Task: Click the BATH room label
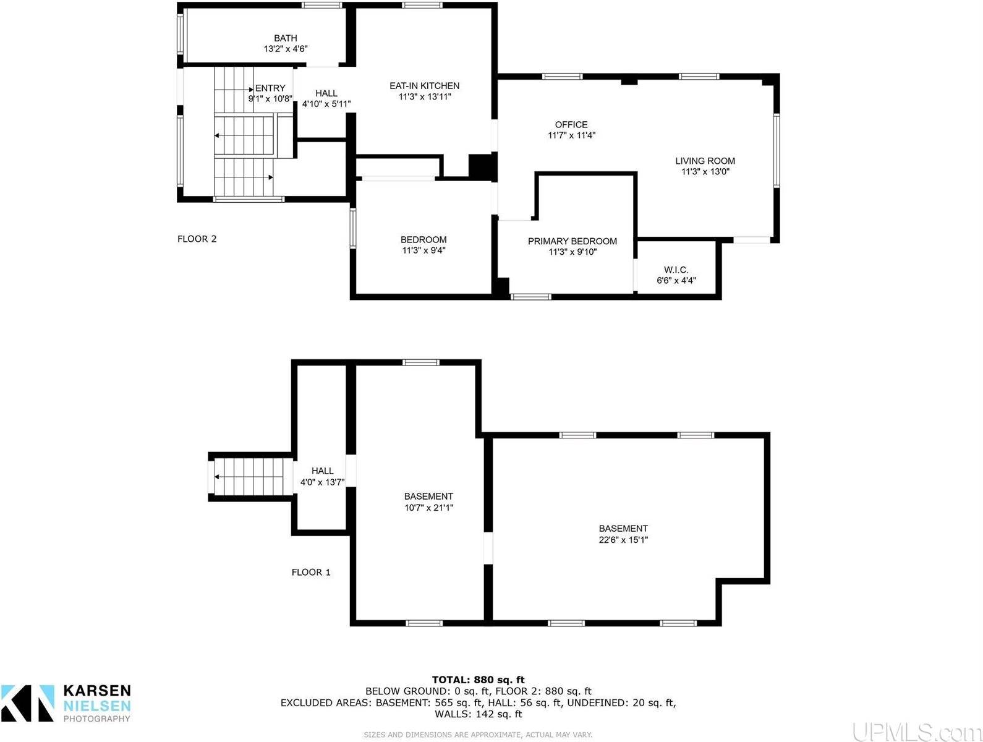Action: (x=286, y=38)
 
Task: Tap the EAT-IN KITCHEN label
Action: (x=424, y=86)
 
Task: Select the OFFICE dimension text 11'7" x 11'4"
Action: (x=571, y=135)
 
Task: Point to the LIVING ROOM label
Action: (x=705, y=161)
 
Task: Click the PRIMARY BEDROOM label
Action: (x=572, y=241)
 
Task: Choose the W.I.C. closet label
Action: (x=676, y=270)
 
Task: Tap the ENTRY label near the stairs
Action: (x=271, y=88)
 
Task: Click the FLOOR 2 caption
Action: (x=197, y=239)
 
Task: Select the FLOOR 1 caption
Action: (x=311, y=573)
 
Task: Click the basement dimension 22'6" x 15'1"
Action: (x=623, y=540)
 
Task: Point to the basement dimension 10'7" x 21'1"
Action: (x=428, y=508)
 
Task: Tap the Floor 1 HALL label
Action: (x=322, y=471)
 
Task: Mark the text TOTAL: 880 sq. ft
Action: (x=478, y=680)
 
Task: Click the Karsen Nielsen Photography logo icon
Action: (x=27, y=702)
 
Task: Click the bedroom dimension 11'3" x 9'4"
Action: (x=423, y=250)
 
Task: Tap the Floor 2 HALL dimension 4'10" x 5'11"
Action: (x=326, y=104)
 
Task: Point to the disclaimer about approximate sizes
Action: (x=478, y=735)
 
